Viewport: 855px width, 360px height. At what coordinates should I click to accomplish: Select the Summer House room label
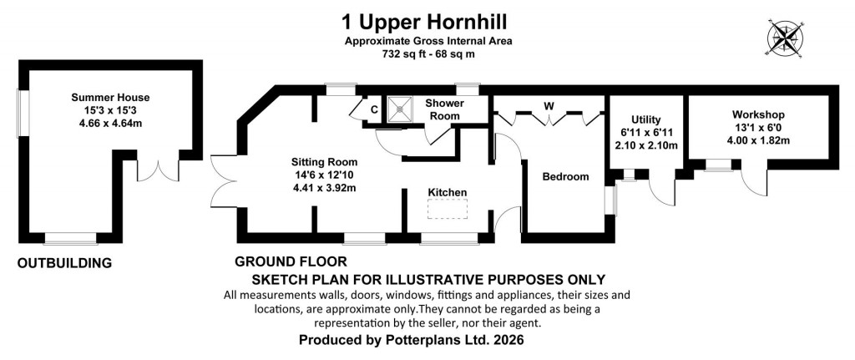(x=111, y=98)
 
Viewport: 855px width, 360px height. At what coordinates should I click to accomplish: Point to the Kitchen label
(x=448, y=192)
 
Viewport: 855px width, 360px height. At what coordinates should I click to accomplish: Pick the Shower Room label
(x=444, y=109)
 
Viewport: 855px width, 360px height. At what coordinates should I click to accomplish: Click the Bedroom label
(x=565, y=176)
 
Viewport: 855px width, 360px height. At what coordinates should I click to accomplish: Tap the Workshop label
(x=758, y=114)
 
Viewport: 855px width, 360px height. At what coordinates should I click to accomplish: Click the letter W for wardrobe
(x=549, y=105)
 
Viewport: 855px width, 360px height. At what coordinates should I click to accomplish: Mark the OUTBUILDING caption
(x=65, y=264)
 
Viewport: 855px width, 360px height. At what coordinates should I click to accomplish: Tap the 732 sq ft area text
(x=427, y=53)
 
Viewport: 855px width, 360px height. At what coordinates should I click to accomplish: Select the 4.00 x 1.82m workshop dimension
(x=758, y=140)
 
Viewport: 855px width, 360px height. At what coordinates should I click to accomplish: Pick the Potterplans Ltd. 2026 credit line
(x=414, y=342)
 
